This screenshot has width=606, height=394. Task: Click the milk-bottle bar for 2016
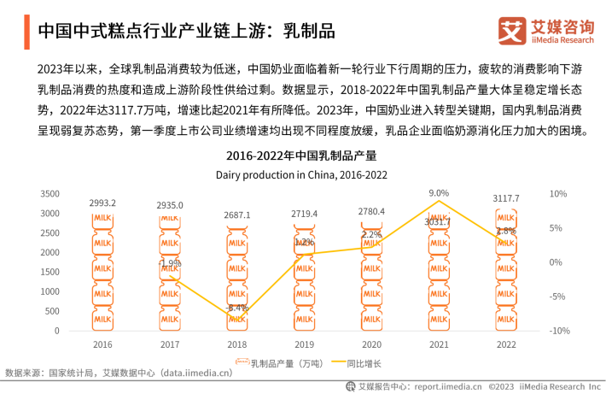pos(102,272)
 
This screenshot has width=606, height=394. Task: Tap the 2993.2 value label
pos(102,203)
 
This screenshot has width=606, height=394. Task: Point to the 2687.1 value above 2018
pos(236,215)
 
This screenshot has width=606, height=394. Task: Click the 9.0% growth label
pos(438,192)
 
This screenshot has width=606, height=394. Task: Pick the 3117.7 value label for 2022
pos(505,198)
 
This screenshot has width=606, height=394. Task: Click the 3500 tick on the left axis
pos(50,194)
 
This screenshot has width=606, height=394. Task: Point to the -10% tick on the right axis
pos(560,331)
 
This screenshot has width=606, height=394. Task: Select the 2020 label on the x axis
pos(371,344)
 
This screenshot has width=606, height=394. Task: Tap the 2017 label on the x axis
pos(170,344)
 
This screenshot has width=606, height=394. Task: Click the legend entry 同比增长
pos(364,363)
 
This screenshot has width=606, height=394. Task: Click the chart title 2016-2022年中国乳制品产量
pos(301,156)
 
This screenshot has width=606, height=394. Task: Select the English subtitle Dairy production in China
pos(301,174)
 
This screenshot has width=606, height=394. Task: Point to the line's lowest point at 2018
pos(236,318)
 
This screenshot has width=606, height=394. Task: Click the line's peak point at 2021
pos(438,201)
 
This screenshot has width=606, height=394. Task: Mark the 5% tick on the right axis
pos(557,228)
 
